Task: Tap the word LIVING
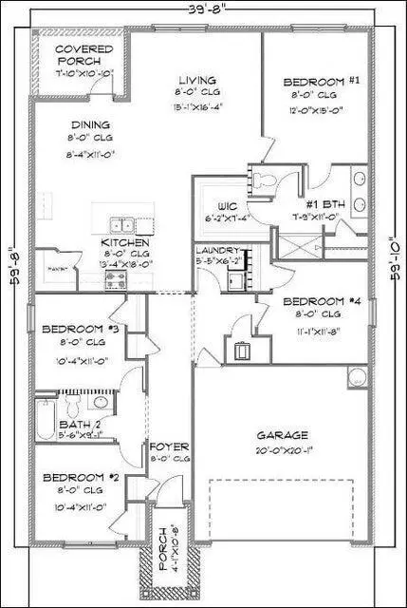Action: tap(196, 80)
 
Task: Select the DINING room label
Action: tap(90, 123)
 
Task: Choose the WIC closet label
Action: tap(225, 204)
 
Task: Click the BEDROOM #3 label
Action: tap(80, 330)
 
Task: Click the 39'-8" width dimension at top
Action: tap(203, 9)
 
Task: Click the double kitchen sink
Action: tap(121, 225)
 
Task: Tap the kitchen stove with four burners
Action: tap(116, 279)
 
